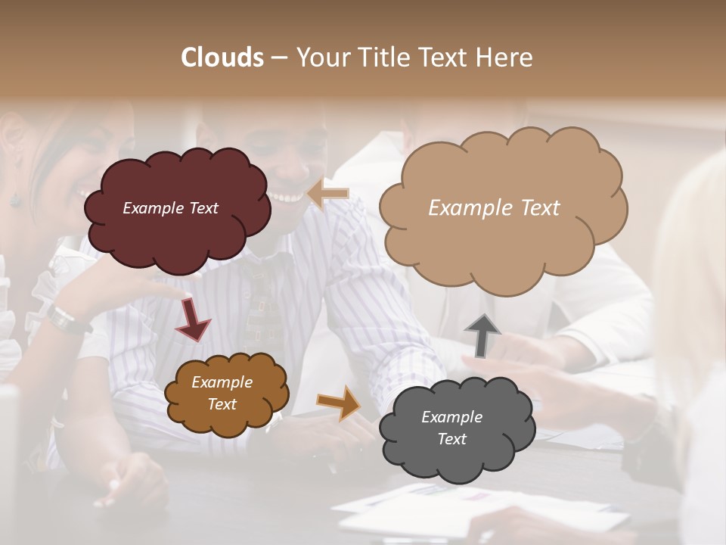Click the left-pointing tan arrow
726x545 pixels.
tap(328, 194)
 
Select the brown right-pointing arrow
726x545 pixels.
tap(340, 403)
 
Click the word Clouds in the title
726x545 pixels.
tap(222, 58)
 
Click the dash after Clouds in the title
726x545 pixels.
tap(278, 58)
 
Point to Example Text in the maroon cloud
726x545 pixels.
tap(170, 207)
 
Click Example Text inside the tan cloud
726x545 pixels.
tap(494, 207)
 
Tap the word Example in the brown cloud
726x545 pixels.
tap(222, 382)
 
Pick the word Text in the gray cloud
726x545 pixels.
tap(451, 439)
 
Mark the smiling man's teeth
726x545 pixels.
tap(288, 198)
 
